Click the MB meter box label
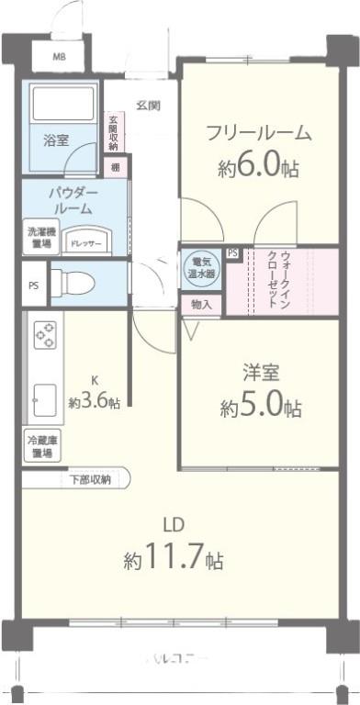(x=59, y=57)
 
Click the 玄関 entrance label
(x=149, y=105)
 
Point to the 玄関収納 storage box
(x=114, y=133)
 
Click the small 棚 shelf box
(x=116, y=167)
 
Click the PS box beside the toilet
(x=33, y=285)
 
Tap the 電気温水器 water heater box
(x=199, y=267)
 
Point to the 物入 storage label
(x=201, y=304)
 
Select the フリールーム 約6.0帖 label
(x=258, y=151)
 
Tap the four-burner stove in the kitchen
(x=44, y=336)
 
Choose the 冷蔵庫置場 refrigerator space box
(x=40, y=447)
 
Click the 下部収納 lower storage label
(x=90, y=479)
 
